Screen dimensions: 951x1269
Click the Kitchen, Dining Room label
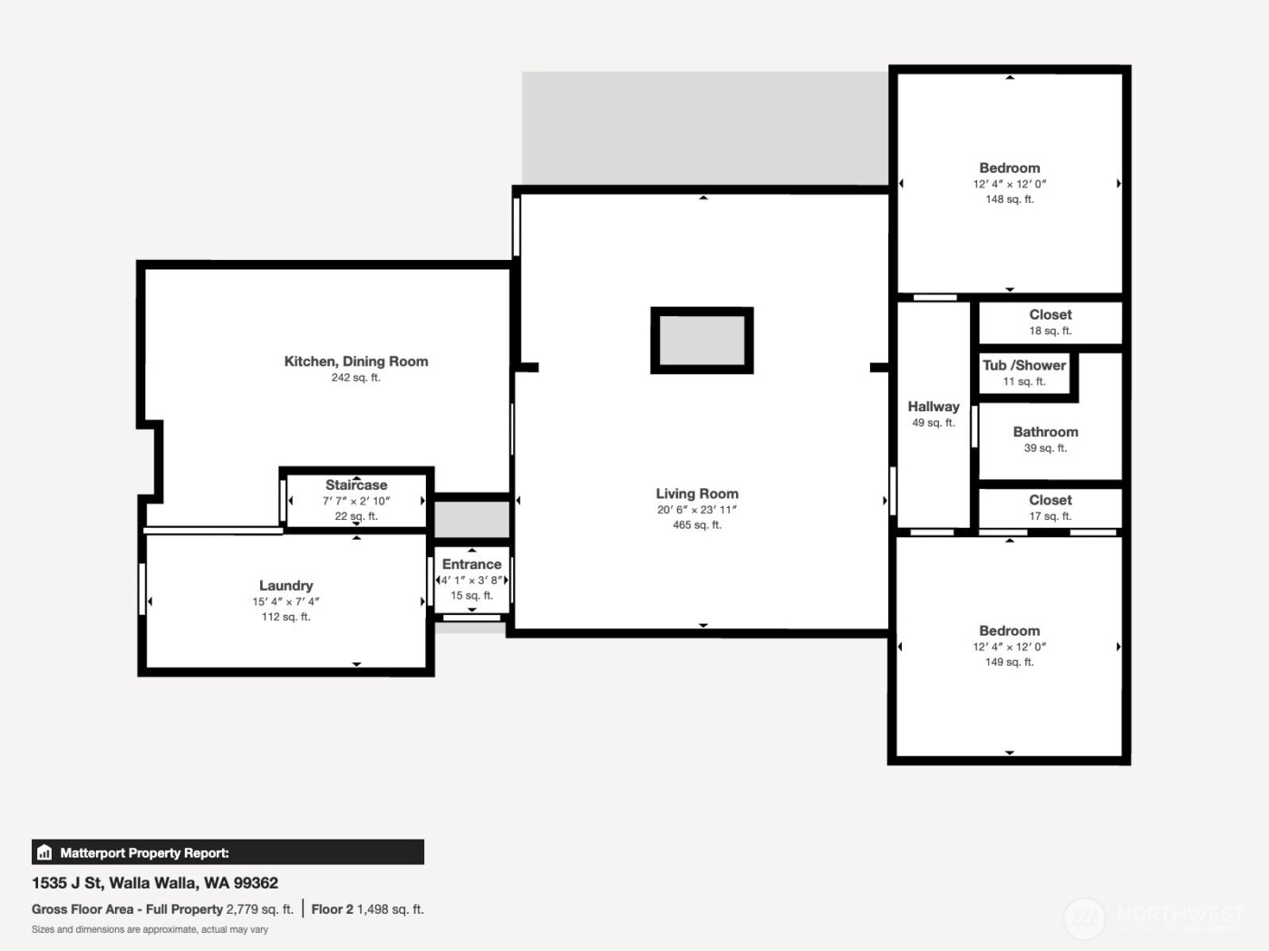click(x=355, y=361)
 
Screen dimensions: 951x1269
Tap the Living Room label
click(x=696, y=494)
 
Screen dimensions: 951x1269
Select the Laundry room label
click(x=286, y=586)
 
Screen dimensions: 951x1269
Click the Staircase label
click(x=356, y=485)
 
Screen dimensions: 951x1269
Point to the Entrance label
click(x=471, y=564)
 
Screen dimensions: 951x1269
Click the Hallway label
click(x=933, y=407)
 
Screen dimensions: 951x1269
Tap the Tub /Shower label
click(x=1024, y=365)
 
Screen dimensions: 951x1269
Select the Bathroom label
click(x=1045, y=432)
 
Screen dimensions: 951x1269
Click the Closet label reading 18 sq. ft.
click(x=1050, y=315)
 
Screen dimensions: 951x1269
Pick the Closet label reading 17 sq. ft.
click(x=1050, y=500)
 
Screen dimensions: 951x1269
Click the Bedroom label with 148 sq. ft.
click(x=1009, y=168)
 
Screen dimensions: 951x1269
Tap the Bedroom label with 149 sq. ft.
click(x=1009, y=631)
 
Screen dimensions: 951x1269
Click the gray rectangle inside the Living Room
click(x=702, y=341)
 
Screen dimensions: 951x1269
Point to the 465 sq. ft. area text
click(x=696, y=525)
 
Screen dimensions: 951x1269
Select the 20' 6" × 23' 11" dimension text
click(x=696, y=510)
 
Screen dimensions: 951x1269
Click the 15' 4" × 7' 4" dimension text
click(x=286, y=601)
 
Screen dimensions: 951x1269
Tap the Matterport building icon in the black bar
click(x=44, y=852)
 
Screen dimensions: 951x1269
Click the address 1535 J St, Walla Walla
click(x=155, y=883)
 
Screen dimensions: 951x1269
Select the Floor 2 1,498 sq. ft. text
click(x=367, y=909)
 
